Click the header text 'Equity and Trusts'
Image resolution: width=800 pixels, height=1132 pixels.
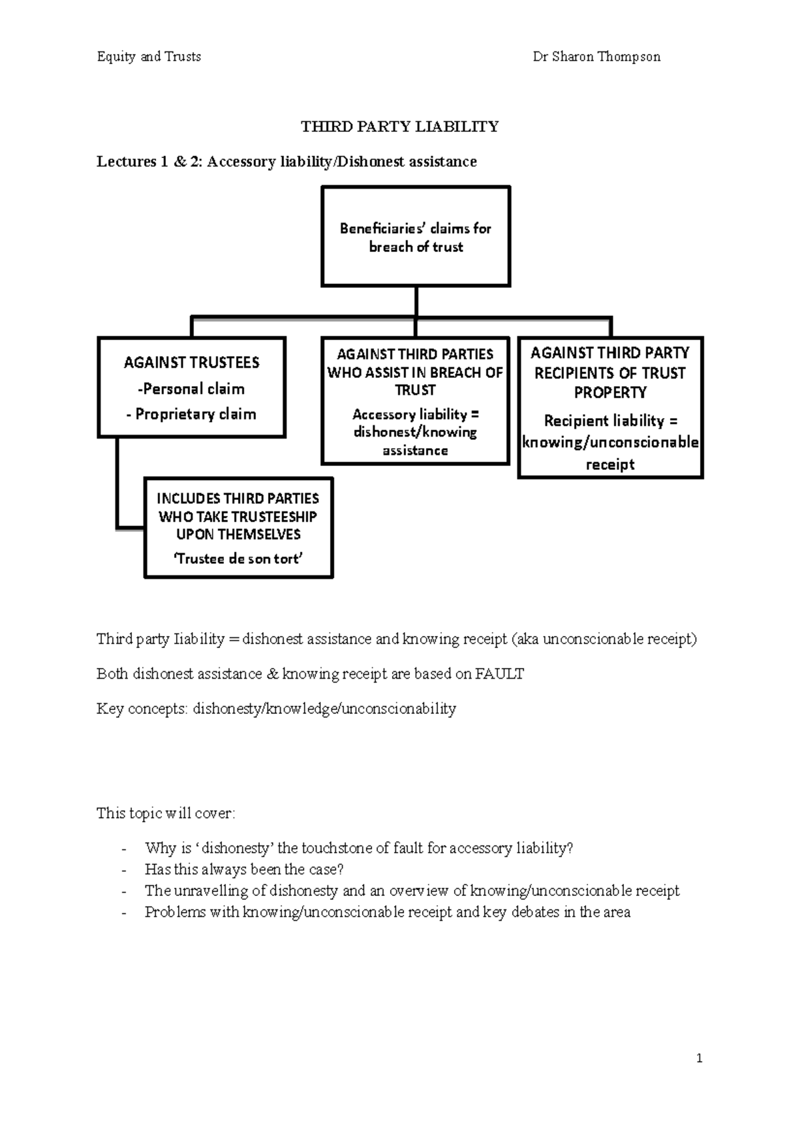149,57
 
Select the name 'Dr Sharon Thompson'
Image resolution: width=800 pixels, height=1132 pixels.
597,57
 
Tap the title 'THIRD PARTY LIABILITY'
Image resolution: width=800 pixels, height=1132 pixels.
400,127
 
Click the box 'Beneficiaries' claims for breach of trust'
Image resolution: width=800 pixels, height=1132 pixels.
416,237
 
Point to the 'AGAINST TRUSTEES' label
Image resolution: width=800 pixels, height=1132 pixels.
192,363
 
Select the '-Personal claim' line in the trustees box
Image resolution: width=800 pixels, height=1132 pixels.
191,389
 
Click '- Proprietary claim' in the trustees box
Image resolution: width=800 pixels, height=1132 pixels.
191,414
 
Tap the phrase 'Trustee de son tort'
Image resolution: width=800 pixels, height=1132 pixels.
238,559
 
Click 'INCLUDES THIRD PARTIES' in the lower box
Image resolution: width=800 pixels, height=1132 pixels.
238,499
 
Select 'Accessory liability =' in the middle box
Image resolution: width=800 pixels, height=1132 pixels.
415,414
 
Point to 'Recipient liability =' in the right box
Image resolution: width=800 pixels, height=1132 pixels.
611,421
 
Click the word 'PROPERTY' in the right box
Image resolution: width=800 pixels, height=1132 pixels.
610,392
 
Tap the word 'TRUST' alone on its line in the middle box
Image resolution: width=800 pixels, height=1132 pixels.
415,390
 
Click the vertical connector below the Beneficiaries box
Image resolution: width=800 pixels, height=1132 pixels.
416,301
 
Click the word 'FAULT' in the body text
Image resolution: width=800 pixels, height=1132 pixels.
499,674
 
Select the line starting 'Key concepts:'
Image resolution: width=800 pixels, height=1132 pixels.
276,709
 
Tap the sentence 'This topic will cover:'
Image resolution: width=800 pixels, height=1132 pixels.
166,813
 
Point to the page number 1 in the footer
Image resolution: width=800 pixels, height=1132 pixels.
699,1058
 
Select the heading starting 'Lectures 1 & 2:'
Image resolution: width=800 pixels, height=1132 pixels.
287,161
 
